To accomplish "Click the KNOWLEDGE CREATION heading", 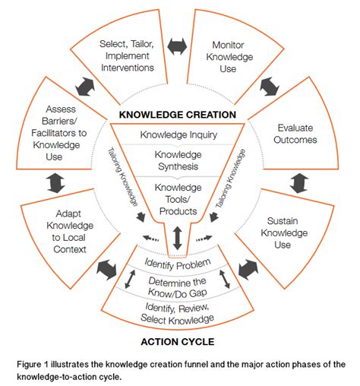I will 177,115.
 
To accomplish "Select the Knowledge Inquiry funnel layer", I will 177,135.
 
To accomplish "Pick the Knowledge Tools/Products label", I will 177,199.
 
